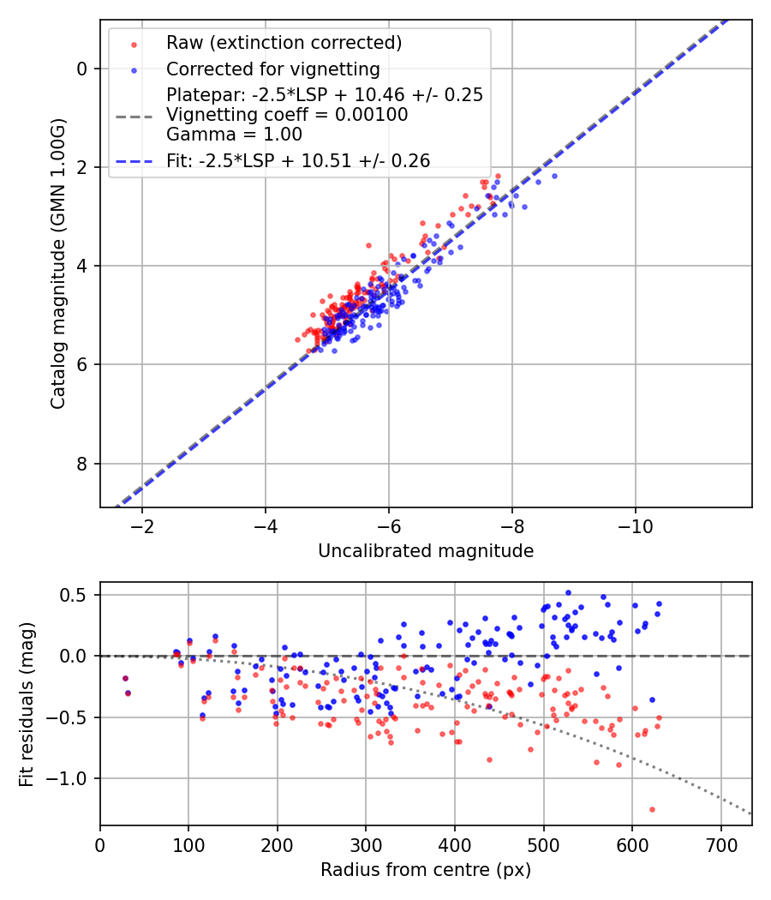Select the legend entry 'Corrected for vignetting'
click(272, 69)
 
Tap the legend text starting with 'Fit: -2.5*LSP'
click(298, 160)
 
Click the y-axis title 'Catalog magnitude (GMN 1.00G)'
click(57, 263)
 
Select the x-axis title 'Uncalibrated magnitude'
click(426, 551)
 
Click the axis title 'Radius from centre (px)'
click(426, 870)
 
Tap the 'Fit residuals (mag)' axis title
click(27, 704)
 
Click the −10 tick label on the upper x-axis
click(635, 525)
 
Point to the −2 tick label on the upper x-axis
click(142, 525)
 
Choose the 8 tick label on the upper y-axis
click(83, 464)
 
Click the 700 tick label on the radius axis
click(720, 843)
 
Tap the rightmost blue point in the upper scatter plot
click(554, 176)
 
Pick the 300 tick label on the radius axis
click(366, 843)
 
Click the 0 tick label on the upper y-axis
click(83, 69)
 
